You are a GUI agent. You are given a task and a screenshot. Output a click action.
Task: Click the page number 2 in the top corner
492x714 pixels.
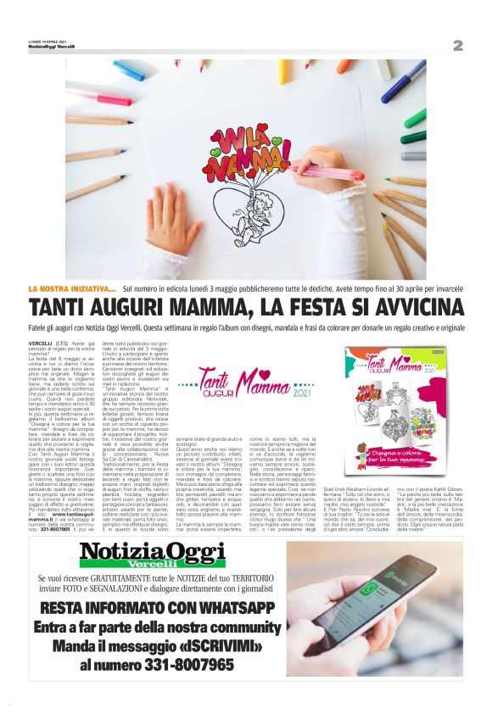click(x=457, y=44)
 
